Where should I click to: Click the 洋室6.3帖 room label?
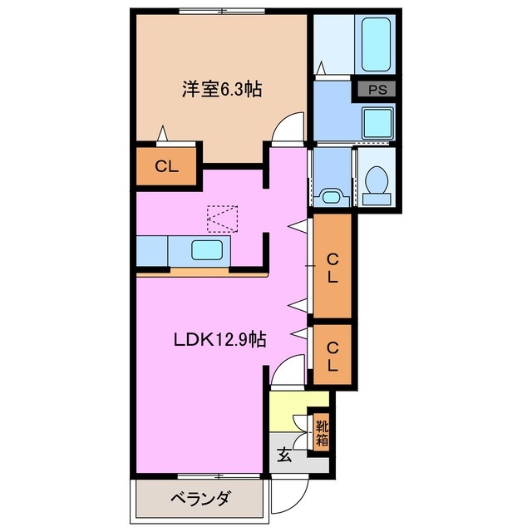(222, 89)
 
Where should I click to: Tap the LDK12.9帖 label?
(219, 339)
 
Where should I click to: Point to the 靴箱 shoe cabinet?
(321, 432)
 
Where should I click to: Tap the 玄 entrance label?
(284, 455)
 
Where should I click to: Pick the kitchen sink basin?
(206, 249)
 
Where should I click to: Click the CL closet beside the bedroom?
(167, 165)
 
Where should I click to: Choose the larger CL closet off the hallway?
(332, 268)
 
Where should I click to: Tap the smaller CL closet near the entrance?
(332, 356)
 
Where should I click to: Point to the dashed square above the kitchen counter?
(221, 219)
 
